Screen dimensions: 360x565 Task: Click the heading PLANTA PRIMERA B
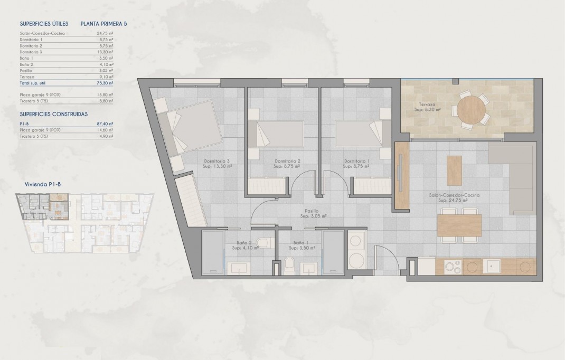(104, 24)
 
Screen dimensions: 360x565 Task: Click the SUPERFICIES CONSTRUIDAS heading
(53, 113)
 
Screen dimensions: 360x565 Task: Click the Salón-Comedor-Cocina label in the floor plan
(450, 195)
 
